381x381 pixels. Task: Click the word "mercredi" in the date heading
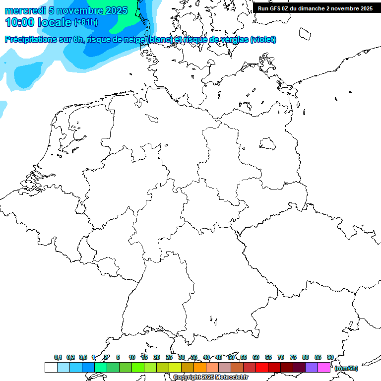point(25,10)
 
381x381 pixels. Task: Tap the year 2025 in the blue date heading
point(116,10)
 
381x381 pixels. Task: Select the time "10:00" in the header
point(20,22)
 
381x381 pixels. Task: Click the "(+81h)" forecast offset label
point(86,22)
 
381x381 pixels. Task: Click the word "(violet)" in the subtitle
point(263,40)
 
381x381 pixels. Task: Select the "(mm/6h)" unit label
point(346,368)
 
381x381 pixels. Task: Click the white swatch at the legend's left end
point(51,368)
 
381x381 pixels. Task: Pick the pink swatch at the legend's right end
point(324,368)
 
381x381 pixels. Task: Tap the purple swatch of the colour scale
point(312,368)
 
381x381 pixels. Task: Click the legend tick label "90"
point(330,357)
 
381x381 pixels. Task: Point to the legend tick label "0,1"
point(58,357)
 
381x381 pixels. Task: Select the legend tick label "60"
point(256,357)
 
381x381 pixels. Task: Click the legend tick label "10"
point(132,357)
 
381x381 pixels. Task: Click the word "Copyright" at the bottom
point(187,378)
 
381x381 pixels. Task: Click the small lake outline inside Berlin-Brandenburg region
point(268,144)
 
